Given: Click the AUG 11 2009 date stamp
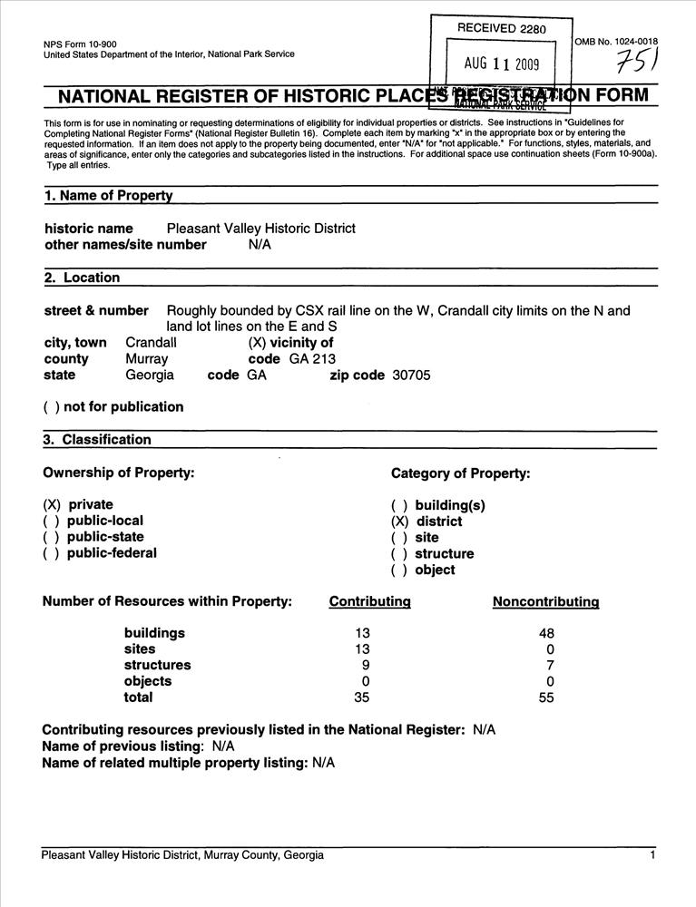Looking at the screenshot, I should coord(502,63).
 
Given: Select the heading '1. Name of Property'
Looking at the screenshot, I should coord(108,195).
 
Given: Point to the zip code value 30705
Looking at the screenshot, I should coord(411,375).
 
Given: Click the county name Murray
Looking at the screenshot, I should coord(146,358).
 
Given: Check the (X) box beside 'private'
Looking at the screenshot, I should coord(53,504).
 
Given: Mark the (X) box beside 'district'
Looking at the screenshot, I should coord(400,522).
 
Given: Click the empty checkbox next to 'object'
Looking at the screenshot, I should coord(400,571).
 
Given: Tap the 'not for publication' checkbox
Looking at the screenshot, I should coord(51,407).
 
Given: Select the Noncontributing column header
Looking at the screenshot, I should coord(545,601).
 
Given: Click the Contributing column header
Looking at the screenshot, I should coord(369,601).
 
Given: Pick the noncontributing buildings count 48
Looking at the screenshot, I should coord(546,633).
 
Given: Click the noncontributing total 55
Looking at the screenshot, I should coord(546,697).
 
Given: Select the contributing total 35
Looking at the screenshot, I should coord(362,697).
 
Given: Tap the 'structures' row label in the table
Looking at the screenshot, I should coord(157,665).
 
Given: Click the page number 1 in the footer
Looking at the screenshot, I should coord(652,855).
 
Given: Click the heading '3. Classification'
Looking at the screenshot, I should coord(98,440).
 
